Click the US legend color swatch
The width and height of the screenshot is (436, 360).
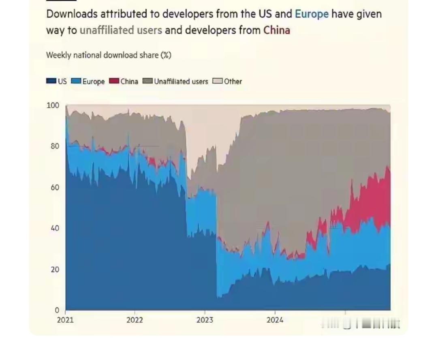[51, 81]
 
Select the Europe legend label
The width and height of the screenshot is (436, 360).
[94, 81]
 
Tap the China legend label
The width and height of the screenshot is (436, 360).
[129, 81]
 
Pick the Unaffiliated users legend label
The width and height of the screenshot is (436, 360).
[181, 81]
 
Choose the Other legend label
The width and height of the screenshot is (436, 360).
[233, 81]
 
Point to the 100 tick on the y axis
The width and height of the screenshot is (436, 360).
[53, 105]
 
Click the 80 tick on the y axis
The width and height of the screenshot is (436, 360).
[55, 146]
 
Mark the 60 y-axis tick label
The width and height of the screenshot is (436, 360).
[55, 187]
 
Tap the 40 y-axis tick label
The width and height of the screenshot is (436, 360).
[55, 228]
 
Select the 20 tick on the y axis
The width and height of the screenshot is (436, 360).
[55, 270]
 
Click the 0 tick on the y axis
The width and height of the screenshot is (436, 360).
[57, 311]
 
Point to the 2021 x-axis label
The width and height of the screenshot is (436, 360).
[65, 320]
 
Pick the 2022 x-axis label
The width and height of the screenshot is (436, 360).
[135, 320]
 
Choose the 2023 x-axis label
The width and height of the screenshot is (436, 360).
[205, 320]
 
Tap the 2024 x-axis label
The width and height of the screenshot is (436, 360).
[275, 320]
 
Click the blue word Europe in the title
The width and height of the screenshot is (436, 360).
[312, 14]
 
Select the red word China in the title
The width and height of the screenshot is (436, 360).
[277, 30]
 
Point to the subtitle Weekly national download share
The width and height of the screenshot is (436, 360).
[109, 55]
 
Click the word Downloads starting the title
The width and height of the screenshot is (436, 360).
[72, 14]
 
